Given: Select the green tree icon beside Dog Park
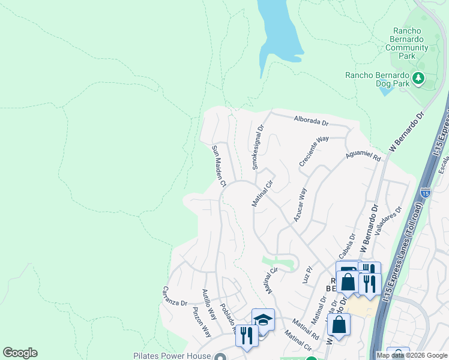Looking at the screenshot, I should click(419, 78).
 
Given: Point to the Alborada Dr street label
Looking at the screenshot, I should click(311, 121).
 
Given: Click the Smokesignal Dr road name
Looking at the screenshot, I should click(258, 147).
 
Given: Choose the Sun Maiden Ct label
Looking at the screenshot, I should click(218, 166).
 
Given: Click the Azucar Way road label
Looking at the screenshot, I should click(300, 205).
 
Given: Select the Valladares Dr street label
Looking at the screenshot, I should click(388, 222).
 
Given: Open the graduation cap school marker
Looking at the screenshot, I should click(263, 319).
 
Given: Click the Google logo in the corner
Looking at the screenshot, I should click(20, 353).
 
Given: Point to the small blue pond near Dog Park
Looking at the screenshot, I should click(385, 91).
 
